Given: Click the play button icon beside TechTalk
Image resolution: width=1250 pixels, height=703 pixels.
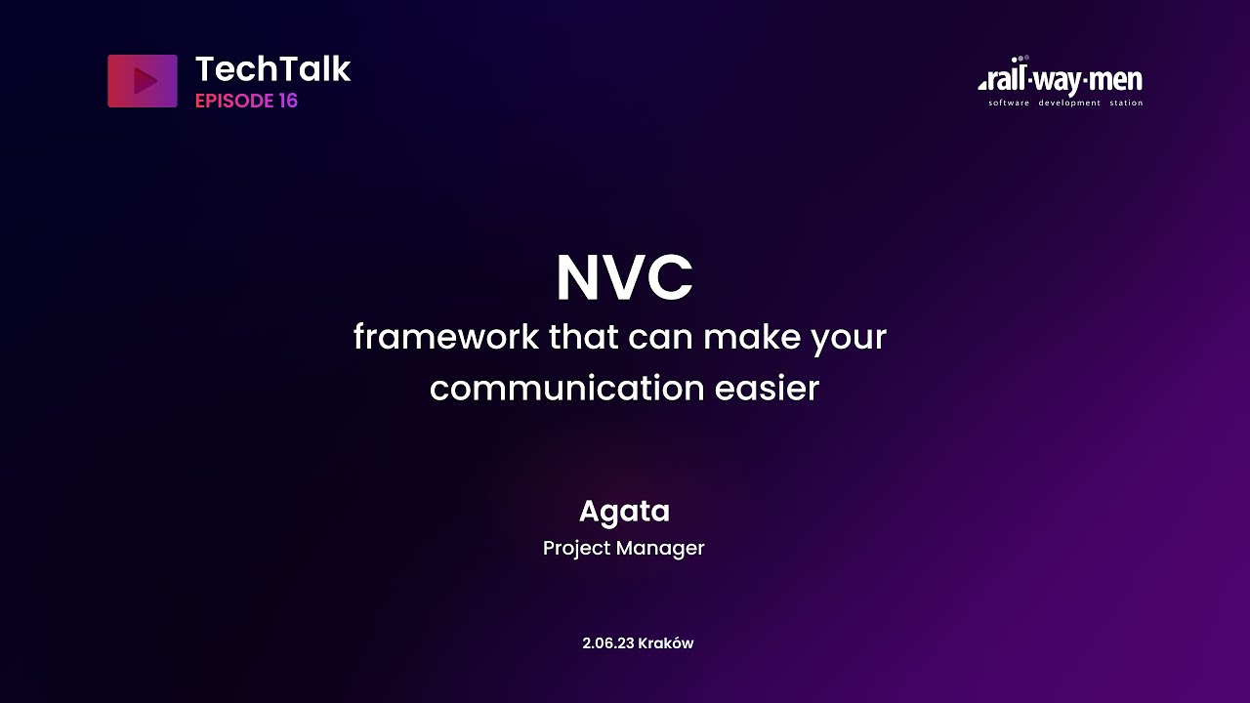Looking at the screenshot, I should click(x=143, y=81).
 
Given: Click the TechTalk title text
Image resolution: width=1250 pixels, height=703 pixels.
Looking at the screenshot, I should click(x=272, y=69).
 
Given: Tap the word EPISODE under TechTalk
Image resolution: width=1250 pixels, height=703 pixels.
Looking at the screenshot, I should click(x=233, y=102).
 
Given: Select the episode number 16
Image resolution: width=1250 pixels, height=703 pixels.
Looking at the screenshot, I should click(x=287, y=102).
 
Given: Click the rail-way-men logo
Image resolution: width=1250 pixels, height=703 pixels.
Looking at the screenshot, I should click(x=1061, y=80).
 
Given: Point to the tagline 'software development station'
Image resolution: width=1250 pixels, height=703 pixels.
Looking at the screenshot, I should click(x=1065, y=103).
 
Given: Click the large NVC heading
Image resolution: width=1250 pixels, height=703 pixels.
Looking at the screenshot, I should click(x=624, y=279).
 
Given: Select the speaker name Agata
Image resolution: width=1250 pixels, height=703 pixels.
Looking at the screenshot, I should click(x=624, y=512).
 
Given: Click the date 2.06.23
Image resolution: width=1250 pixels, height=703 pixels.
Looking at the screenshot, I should click(x=607, y=643).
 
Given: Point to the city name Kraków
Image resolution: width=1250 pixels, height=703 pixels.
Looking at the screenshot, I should click(x=666, y=643).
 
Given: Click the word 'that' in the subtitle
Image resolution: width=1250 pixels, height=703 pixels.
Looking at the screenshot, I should click(x=583, y=338).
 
